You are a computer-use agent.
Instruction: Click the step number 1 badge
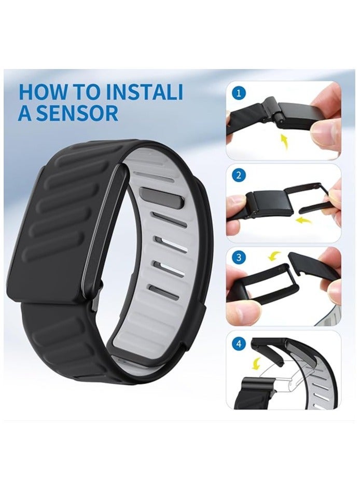[x=239, y=93]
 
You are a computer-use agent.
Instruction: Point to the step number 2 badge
[x=239, y=175]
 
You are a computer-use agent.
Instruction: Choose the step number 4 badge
[x=239, y=343]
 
